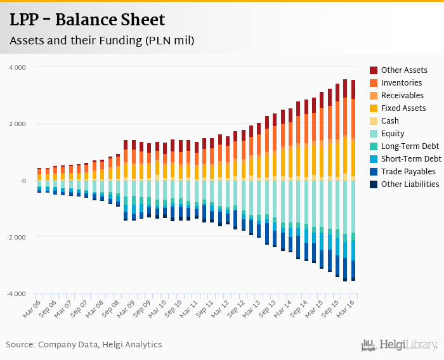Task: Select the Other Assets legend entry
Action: (x=404, y=70)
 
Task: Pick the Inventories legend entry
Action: (x=401, y=83)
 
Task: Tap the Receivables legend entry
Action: (x=402, y=96)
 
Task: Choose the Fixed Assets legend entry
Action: (x=403, y=108)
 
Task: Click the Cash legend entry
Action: (x=389, y=121)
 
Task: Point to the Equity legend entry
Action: (x=393, y=134)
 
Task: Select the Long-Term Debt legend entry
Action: (x=409, y=146)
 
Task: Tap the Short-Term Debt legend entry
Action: (x=410, y=159)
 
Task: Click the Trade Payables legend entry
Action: (x=408, y=172)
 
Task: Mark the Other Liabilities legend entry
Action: (x=410, y=184)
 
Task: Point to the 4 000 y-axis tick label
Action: (x=17, y=67)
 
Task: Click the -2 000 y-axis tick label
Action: (x=16, y=238)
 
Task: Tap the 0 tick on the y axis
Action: (x=23, y=181)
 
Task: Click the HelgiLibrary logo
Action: (x=400, y=345)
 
